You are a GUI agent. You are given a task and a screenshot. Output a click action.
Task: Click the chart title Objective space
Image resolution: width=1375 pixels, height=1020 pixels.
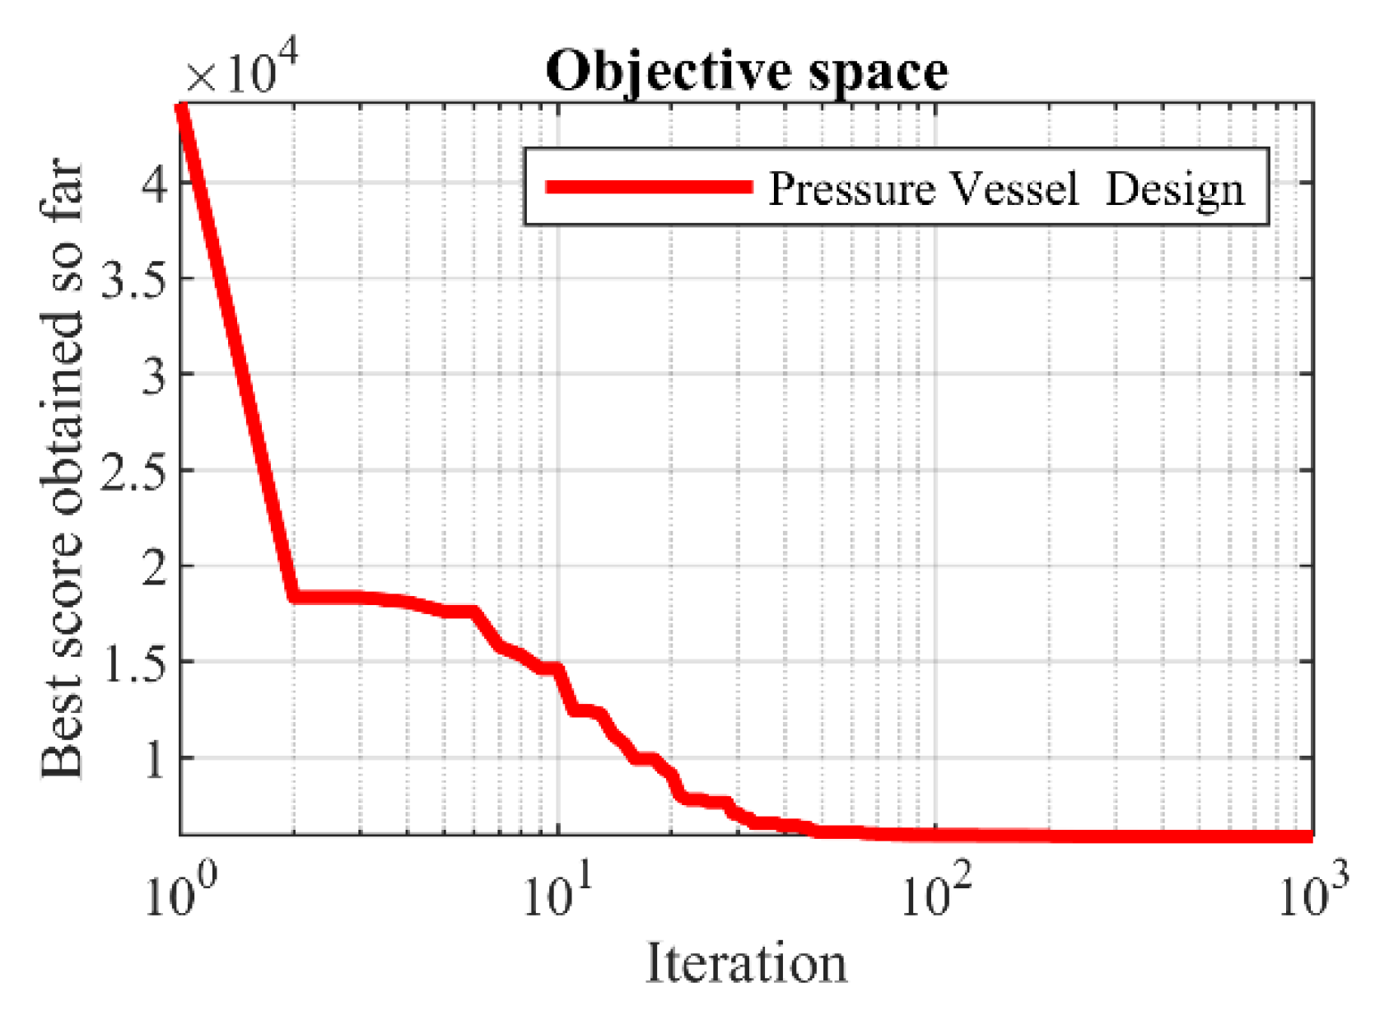pos(746,72)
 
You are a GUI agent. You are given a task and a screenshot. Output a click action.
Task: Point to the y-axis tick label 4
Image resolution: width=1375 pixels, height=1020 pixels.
pos(154,183)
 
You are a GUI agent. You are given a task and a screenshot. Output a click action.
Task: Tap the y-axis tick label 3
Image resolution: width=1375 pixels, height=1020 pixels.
pos(154,375)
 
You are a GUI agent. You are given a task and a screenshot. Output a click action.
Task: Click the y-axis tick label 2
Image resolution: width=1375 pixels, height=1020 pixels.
pos(154,566)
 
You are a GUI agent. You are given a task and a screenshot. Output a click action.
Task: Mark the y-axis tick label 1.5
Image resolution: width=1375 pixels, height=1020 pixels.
pos(133,662)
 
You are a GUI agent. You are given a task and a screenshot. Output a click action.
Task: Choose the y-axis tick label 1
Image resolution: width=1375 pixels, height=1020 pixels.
pos(154,758)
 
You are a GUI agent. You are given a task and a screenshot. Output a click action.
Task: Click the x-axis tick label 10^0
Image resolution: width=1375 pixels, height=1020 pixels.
pos(179,892)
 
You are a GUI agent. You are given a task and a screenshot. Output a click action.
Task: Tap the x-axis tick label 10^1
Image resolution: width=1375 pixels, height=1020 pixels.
pos(557,892)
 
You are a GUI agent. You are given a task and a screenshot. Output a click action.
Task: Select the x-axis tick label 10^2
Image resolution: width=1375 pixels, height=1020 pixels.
pos(935,892)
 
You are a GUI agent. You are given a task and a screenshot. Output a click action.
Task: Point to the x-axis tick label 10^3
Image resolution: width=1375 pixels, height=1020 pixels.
pos(1312,892)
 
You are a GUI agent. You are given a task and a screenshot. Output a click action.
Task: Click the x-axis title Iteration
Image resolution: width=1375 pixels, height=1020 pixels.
pos(746,963)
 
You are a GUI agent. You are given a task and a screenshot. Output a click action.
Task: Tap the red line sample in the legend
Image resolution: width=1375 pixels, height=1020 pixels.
pos(649,188)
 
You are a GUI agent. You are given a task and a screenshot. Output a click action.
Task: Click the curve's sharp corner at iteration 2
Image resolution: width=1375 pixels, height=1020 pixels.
pos(294,597)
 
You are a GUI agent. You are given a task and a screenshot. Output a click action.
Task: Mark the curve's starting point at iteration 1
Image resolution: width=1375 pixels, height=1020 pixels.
pos(182,107)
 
